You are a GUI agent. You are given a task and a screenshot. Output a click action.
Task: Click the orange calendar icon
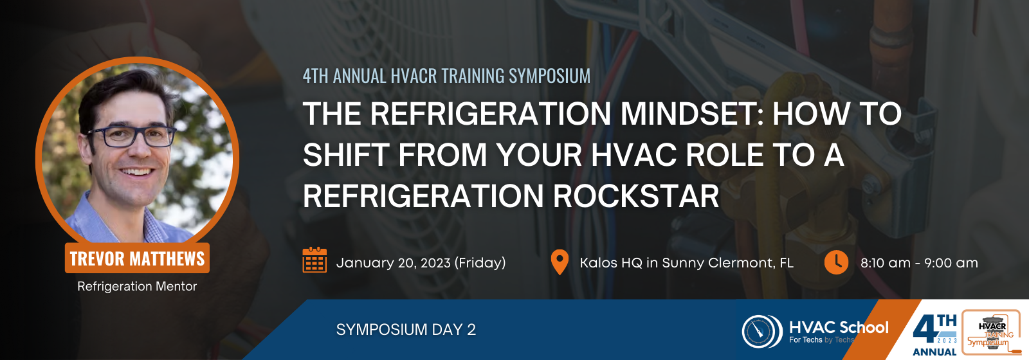(314, 260)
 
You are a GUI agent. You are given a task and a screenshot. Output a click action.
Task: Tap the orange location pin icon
(560, 262)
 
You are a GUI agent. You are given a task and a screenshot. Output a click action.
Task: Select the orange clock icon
(836, 262)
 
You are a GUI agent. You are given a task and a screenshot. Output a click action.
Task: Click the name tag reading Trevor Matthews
(137, 258)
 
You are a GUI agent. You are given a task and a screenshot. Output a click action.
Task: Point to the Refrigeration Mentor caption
(137, 286)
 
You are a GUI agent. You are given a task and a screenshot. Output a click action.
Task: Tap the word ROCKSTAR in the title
(636, 196)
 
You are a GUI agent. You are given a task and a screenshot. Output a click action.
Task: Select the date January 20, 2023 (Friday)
(421, 263)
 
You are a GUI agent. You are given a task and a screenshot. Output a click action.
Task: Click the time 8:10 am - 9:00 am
(919, 263)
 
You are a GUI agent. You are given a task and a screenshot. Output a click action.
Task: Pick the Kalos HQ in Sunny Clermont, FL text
(686, 263)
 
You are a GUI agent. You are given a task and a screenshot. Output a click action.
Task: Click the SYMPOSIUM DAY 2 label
(406, 329)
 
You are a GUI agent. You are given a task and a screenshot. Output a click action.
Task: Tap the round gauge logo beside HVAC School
(762, 330)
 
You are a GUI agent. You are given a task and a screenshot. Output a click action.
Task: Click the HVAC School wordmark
(839, 327)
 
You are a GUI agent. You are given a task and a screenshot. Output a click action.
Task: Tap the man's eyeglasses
(132, 136)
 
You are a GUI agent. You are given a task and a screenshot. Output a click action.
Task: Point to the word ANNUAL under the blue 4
(934, 352)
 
